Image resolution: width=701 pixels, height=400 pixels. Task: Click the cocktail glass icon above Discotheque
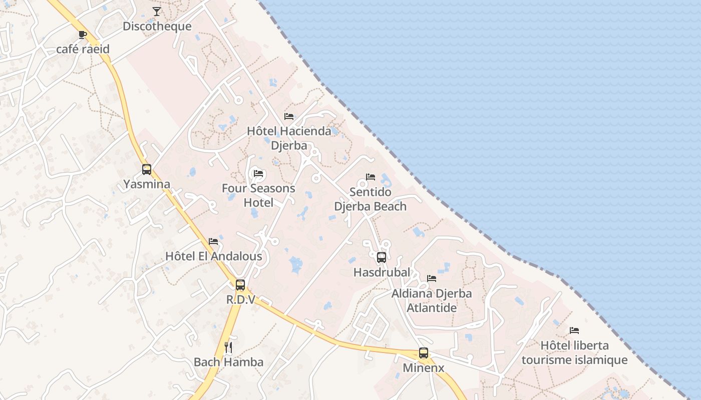coord(157,11)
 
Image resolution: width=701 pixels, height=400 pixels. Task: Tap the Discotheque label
coord(157,26)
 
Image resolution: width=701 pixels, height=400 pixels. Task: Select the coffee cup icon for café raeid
coord(83,34)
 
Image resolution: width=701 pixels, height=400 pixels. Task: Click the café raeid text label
coord(83,49)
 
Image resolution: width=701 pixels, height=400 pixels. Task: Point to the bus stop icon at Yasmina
coord(146,169)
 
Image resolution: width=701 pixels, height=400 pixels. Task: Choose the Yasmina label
coord(147,184)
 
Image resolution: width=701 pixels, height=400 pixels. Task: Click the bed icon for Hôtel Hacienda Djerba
coord(289,116)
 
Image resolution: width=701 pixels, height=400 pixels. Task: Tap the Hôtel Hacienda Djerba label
coord(289,138)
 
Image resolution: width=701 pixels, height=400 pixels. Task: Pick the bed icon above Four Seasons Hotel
coord(258,173)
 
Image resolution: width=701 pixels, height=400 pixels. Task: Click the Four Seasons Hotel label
coord(258,195)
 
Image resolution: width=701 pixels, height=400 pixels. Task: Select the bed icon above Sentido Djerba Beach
coord(371,177)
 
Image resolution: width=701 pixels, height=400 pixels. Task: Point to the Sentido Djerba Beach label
coord(371,199)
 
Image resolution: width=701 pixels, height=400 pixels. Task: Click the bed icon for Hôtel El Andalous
coord(213,241)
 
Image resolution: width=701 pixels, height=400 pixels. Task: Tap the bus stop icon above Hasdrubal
coord(382,257)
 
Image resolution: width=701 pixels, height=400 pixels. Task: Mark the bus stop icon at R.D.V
coord(240,285)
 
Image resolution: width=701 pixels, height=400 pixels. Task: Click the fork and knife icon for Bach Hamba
coord(228,347)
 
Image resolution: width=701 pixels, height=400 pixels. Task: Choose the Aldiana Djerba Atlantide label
coord(432,300)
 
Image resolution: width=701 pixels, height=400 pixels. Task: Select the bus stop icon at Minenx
coord(424,353)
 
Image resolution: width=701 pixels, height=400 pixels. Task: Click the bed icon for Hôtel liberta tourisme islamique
coord(574,330)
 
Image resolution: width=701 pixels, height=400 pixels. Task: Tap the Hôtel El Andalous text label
coord(213,256)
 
